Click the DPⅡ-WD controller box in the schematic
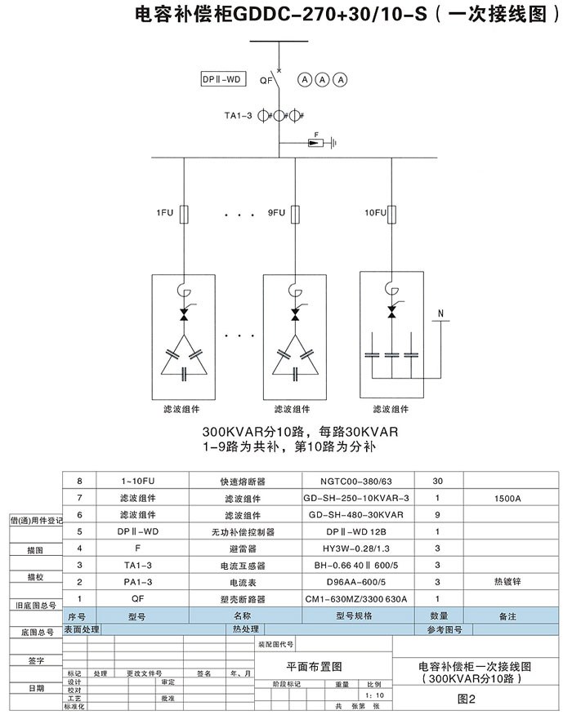tap(221, 79)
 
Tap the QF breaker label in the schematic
tap(266, 81)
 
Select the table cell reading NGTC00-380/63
tap(356, 481)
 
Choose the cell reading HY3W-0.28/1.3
tap(356, 549)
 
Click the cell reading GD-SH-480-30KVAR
tap(356, 515)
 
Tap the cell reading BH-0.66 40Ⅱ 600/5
tap(356, 566)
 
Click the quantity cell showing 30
tap(437, 481)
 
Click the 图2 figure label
tap(466, 698)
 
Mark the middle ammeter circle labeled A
tap(322, 79)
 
